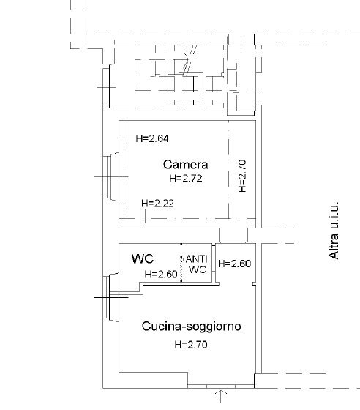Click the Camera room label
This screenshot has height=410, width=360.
[x=186, y=164]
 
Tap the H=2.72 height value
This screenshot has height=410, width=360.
[x=186, y=178]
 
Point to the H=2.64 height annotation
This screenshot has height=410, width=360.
[x=154, y=137]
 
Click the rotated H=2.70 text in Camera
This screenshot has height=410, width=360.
[x=244, y=176]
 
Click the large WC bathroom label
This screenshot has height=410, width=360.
[x=142, y=258]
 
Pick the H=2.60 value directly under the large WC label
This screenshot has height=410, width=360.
[x=161, y=275]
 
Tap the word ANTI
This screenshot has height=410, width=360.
[x=197, y=258]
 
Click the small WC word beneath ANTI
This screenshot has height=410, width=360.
[x=198, y=269]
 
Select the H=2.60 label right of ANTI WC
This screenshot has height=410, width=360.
[x=235, y=264]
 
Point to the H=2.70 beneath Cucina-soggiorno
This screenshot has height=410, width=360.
[x=191, y=344]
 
